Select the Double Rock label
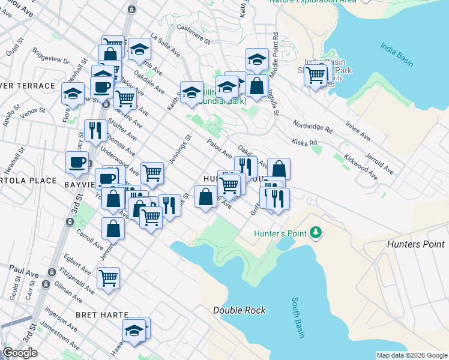239,310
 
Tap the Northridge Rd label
313,126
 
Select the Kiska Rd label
304,143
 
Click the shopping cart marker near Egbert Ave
109,278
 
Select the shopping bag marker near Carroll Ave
113,228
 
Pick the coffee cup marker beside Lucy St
77,161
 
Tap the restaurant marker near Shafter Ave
95,130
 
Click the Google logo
20,353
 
